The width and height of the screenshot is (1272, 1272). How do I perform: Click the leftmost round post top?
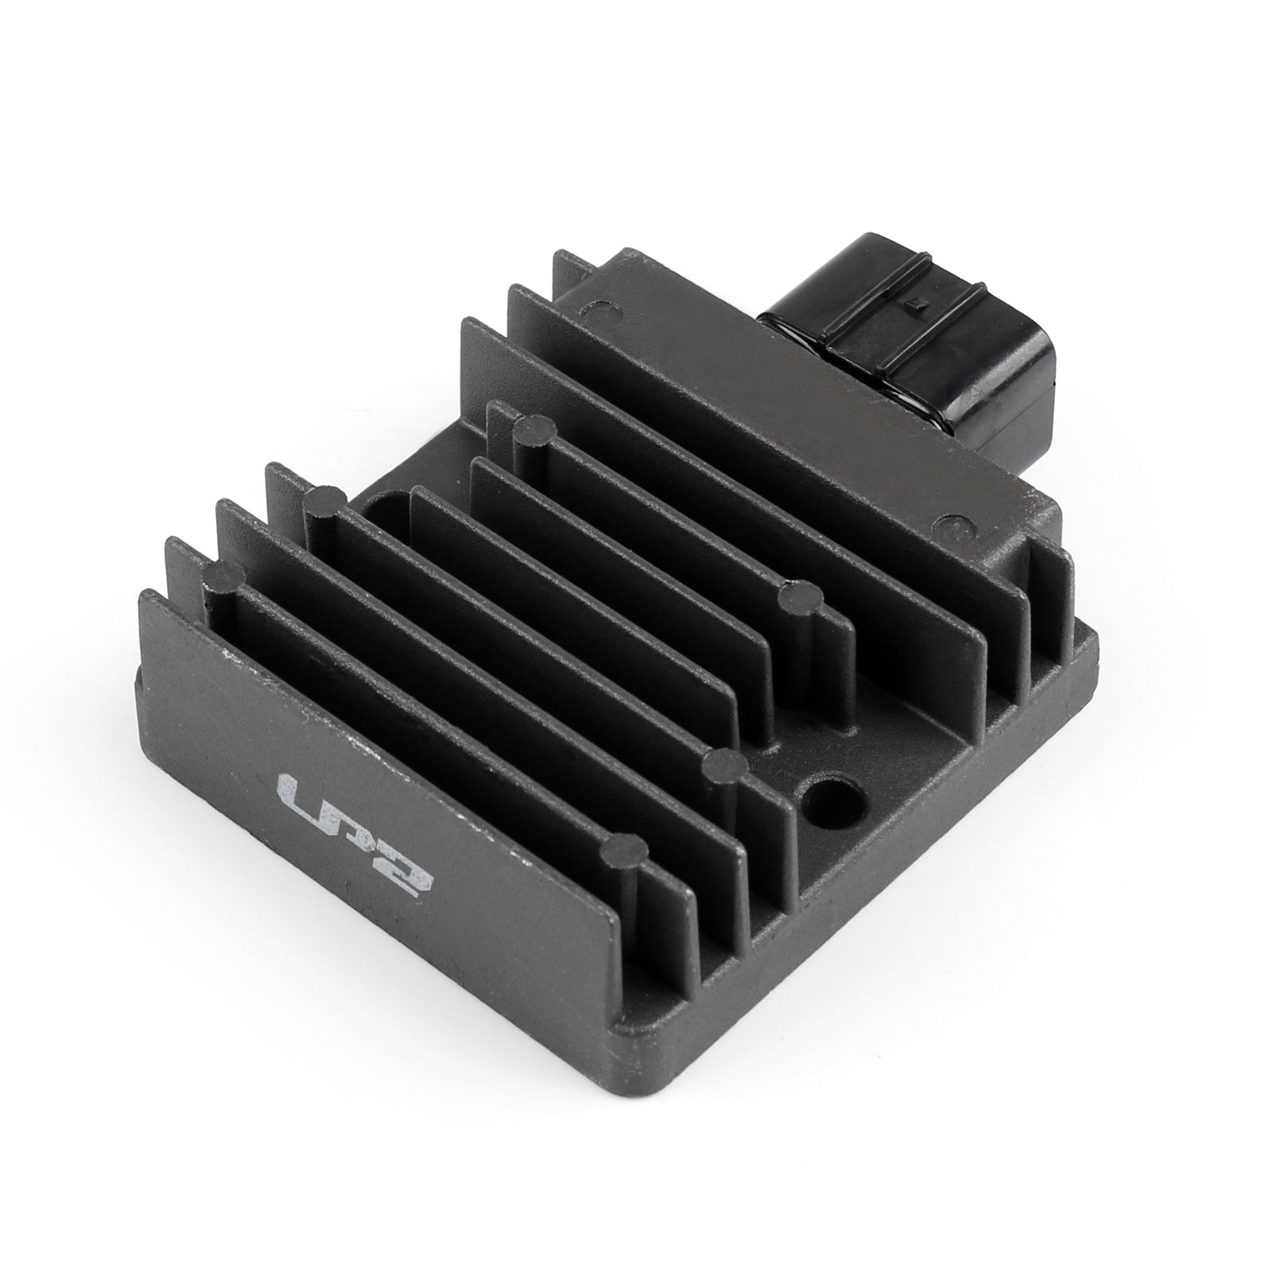(225, 574)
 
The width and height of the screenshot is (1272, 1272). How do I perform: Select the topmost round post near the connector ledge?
(533, 430)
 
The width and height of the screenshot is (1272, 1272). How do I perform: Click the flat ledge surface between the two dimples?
(779, 413)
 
